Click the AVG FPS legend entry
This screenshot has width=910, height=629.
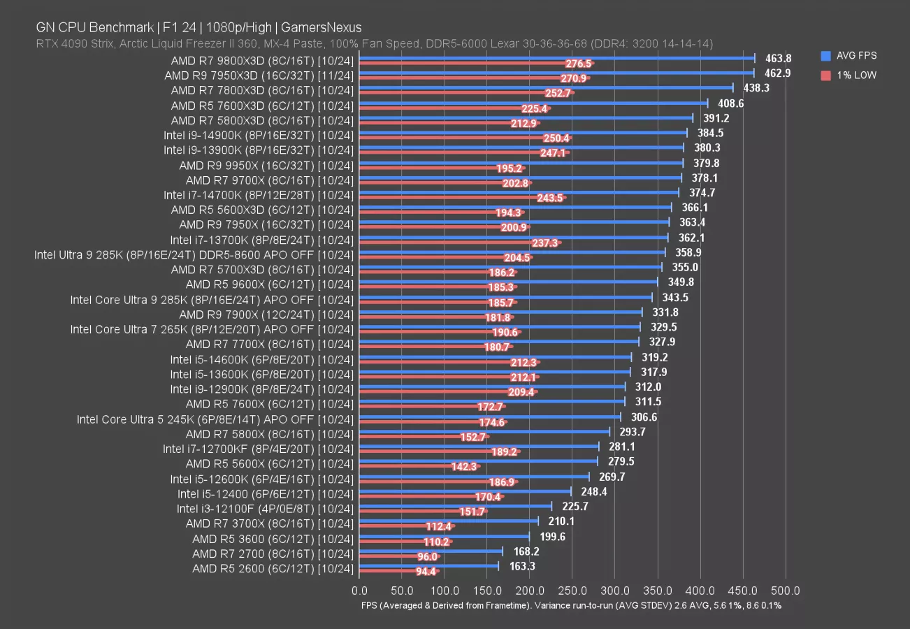click(855, 56)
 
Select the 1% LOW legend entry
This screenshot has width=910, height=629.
click(854, 75)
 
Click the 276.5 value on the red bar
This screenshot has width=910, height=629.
click(579, 64)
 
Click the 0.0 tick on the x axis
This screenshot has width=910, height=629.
click(359, 591)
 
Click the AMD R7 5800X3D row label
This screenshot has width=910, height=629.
click(262, 120)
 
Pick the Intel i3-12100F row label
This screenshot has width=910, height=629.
click(265, 508)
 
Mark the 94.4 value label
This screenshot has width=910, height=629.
click(426, 571)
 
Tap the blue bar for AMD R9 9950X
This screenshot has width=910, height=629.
click(521, 163)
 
